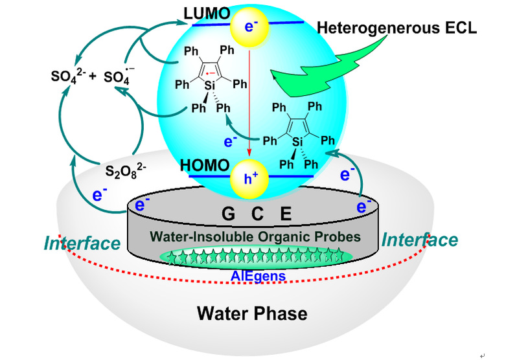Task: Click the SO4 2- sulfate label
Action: pos(69,76)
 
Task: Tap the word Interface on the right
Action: pos(419,240)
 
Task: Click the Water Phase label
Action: pos(252,315)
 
